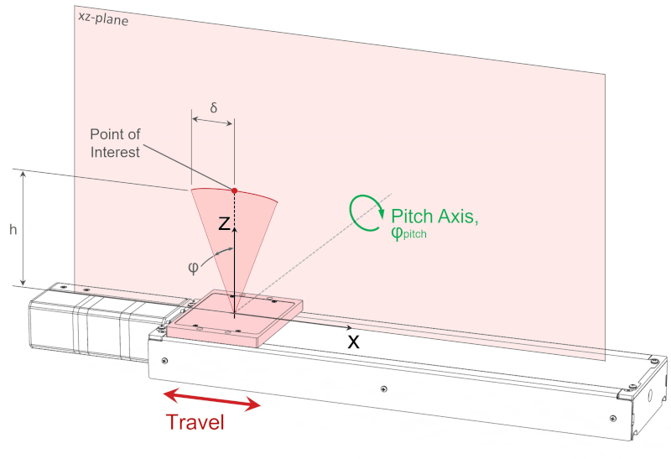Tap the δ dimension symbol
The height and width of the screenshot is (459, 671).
tap(213, 108)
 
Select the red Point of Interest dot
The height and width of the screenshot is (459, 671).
tap(234, 190)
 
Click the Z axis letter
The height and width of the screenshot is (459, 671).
tap(223, 222)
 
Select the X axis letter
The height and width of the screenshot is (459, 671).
tap(353, 342)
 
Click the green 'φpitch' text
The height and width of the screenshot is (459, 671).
tap(409, 235)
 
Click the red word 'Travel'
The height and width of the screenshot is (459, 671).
tap(195, 422)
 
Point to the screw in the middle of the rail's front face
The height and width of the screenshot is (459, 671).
tap(383, 389)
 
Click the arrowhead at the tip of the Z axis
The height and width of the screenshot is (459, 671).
tap(235, 227)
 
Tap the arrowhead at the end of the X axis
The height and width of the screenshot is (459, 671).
tap(346, 326)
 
